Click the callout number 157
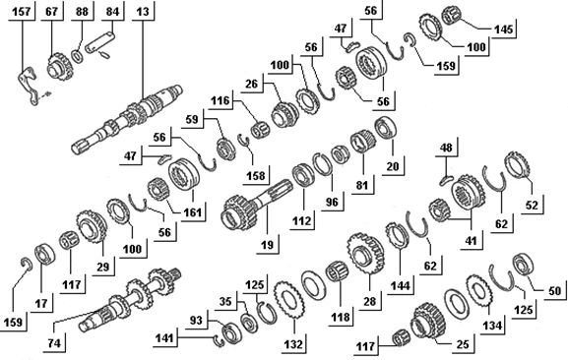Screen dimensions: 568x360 22,12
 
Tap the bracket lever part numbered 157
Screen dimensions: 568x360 28,86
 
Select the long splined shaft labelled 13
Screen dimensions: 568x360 127,119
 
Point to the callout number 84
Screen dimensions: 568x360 112,12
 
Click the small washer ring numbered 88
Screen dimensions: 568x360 77,56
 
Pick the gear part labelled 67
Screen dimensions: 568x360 60,67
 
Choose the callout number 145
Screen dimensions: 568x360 503,30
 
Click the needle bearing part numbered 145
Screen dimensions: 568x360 453,16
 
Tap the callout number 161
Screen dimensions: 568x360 192,211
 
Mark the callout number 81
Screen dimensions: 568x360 362,185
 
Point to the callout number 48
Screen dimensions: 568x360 446,148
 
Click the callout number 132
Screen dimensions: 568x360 293,344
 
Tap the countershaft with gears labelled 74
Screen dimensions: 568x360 130,300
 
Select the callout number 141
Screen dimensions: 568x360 164,338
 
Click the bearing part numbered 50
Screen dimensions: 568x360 524,265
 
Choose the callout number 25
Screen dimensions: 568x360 463,344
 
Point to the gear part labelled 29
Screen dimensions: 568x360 92,226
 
